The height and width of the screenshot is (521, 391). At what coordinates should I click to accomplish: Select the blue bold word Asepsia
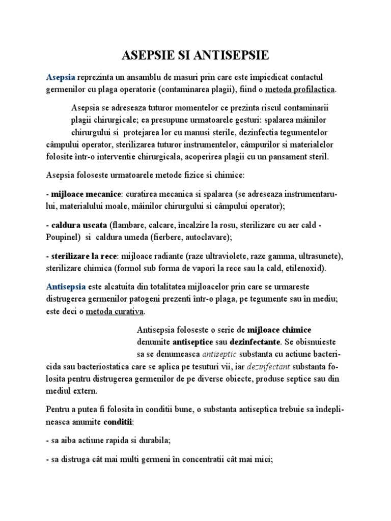[x=60, y=77]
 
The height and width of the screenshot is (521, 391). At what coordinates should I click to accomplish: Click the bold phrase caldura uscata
[x=79, y=224]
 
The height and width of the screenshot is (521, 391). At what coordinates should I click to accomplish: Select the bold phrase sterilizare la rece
[x=83, y=255]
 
